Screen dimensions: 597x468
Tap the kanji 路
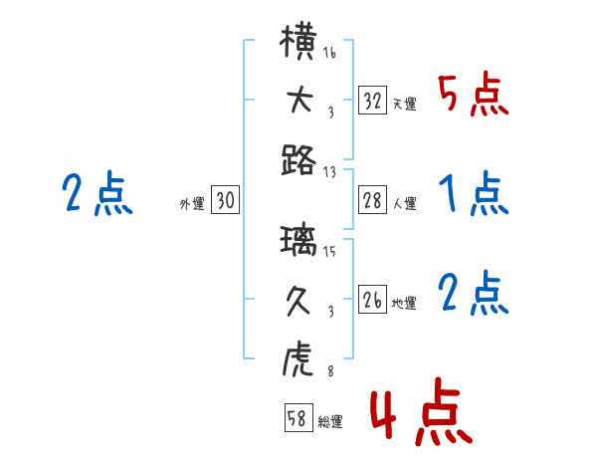pyautogui.click(x=299, y=159)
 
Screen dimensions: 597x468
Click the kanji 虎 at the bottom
pyautogui.click(x=299, y=356)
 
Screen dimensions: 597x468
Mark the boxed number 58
pyautogui.click(x=297, y=418)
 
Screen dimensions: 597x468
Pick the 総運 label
pyautogui.click(x=329, y=422)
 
